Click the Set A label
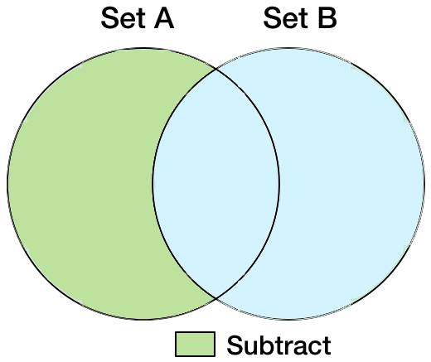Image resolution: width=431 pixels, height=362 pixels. (x=138, y=18)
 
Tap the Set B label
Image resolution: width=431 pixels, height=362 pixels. (x=300, y=18)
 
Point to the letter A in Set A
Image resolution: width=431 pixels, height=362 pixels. (x=164, y=18)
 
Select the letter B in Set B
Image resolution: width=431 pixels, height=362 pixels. (x=327, y=18)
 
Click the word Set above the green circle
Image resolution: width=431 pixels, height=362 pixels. (x=123, y=18)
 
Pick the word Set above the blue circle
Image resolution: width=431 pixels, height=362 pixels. (x=286, y=18)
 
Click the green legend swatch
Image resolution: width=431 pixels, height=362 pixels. (x=195, y=344)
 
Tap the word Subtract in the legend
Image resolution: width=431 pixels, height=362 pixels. (x=278, y=345)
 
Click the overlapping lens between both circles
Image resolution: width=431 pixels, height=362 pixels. (x=215, y=184)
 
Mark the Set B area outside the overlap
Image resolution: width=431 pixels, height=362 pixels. (x=351, y=184)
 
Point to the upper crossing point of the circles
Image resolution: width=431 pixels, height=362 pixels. (x=215, y=70)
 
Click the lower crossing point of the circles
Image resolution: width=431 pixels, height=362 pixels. (x=215, y=298)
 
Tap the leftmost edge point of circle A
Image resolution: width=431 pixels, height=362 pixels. (x=7, y=184)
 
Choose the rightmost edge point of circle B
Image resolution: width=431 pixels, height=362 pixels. (x=424, y=184)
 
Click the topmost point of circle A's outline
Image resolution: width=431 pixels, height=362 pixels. (x=143, y=49)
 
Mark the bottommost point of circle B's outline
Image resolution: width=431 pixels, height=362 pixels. (x=288, y=320)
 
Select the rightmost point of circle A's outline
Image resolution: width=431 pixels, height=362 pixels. (x=279, y=184)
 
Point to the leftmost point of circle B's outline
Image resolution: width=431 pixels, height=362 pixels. (x=153, y=184)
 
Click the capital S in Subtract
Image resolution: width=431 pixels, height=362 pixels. (x=235, y=345)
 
